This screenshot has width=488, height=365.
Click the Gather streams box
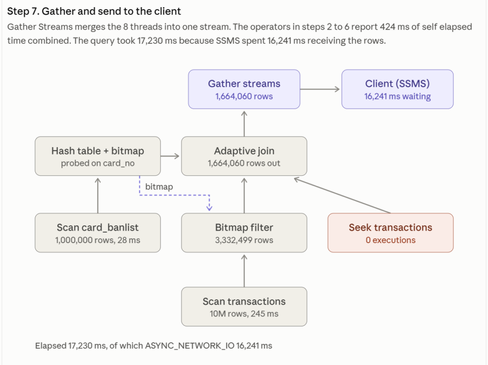[244, 89]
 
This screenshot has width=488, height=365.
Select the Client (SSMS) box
[397, 89]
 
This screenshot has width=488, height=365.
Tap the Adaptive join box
[244, 156]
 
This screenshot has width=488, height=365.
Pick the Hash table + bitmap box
[98, 156]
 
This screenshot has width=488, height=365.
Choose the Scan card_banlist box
[98, 233]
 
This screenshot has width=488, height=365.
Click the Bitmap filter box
[244, 233]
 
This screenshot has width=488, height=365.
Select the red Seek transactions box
[391, 233]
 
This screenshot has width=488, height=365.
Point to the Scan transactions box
[244, 307]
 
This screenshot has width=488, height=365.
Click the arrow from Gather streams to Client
[320, 89]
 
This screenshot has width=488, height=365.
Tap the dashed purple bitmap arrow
[174, 195]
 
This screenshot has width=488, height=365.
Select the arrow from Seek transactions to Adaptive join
[342, 195]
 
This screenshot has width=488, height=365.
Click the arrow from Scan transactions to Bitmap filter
[244, 271]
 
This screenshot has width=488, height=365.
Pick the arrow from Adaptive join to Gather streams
[244, 124]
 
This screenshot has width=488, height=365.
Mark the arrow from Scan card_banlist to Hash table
[98, 195]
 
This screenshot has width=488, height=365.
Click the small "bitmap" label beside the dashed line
[159, 187]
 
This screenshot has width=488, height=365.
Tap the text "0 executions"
[391, 240]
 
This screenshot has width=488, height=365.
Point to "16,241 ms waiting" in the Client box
[397, 96]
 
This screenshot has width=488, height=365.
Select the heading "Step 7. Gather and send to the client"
[94, 11]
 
